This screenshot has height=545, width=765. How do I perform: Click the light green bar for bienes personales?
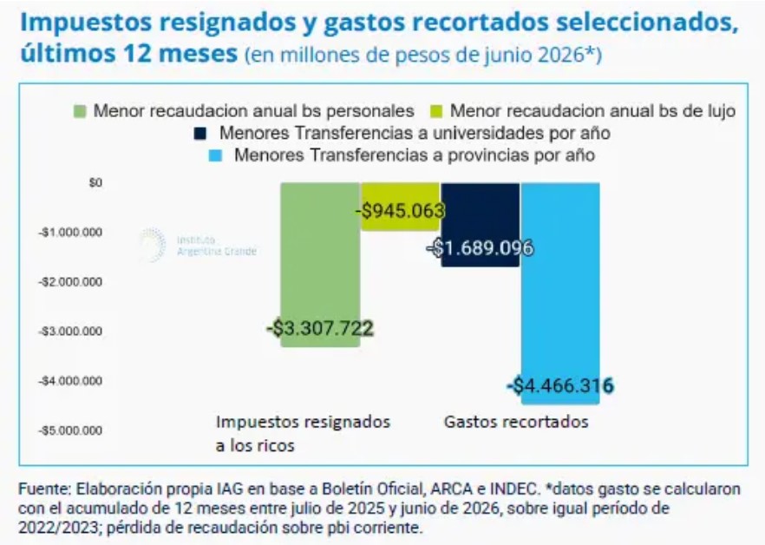click(x=320, y=265)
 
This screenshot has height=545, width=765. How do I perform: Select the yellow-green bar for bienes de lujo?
click(x=400, y=206)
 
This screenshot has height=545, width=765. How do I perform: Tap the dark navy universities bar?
click(x=481, y=225)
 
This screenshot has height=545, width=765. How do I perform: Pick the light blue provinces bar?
click(x=560, y=293)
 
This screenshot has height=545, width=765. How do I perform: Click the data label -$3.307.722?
click(x=320, y=328)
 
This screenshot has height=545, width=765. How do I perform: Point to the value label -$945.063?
click(x=400, y=211)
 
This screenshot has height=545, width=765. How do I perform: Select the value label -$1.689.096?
click(x=481, y=248)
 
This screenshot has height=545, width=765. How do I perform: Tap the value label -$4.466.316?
click(x=560, y=386)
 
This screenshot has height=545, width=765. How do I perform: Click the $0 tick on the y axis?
click(x=95, y=182)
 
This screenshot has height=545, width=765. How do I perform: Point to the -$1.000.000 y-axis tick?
click(x=71, y=232)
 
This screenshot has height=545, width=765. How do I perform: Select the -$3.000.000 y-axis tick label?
click(x=71, y=332)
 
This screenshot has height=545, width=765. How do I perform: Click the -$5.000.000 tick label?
click(x=71, y=430)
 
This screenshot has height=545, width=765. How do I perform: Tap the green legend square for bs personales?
click(x=80, y=111)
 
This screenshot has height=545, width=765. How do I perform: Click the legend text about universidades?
click(x=415, y=133)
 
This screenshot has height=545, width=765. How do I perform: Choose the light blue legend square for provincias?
click(x=215, y=155)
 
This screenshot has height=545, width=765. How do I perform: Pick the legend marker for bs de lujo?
click(x=436, y=111)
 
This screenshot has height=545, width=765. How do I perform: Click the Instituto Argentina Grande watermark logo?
click(x=198, y=245)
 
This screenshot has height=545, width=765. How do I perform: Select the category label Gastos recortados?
click(x=516, y=422)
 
